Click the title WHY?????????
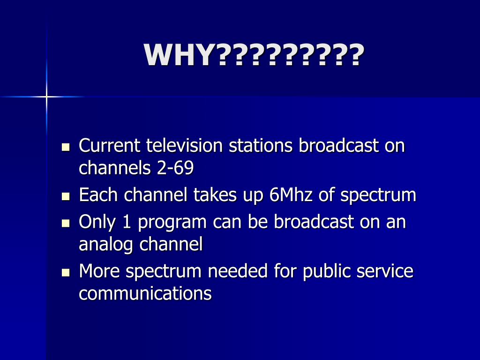[254, 55]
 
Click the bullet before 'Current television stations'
[66, 147]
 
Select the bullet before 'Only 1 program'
[66, 223]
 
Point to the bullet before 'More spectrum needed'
[66, 272]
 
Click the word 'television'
[185, 146]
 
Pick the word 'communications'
[145, 293]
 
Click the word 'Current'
[110, 146]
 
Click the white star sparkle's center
[46, 97]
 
